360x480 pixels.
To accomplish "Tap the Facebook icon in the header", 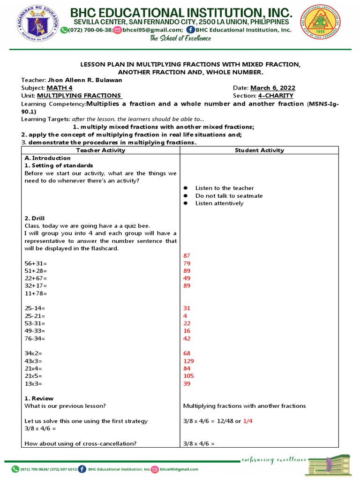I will (x=190, y=30).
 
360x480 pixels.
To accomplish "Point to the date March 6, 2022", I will (x=273, y=88).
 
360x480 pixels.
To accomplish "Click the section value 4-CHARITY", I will (x=276, y=96).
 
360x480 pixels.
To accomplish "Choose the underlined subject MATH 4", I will (x=59, y=88).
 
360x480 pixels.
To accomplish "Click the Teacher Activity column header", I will (x=100, y=150).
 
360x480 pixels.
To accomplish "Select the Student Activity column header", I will (x=259, y=150).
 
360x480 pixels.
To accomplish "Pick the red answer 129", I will (x=188, y=361).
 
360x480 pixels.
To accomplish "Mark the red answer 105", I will (x=188, y=376).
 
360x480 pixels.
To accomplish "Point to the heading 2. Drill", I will (x=35, y=218).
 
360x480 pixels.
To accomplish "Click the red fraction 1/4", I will (x=248, y=421).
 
